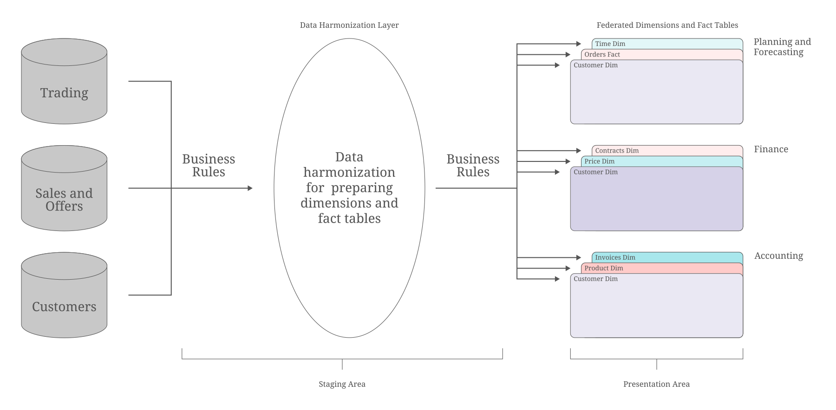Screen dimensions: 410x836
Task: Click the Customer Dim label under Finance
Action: [595, 172]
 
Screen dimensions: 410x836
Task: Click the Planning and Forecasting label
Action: [782, 47]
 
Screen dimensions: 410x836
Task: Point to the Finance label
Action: [771, 149]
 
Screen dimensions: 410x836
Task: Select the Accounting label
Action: [778, 256]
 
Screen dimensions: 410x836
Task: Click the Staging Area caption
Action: [342, 384]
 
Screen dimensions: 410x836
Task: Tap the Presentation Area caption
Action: [656, 384]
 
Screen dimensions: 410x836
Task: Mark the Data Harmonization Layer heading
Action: [349, 25]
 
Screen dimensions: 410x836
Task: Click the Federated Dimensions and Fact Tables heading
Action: [667, 25]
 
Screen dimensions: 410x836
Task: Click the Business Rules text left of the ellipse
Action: [209, 166]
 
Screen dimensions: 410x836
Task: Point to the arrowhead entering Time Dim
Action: [579, 44]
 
